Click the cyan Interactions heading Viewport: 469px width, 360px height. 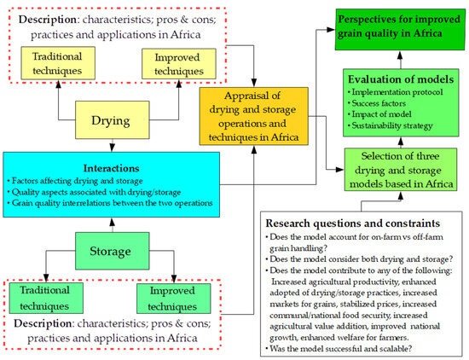[111, 168]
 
